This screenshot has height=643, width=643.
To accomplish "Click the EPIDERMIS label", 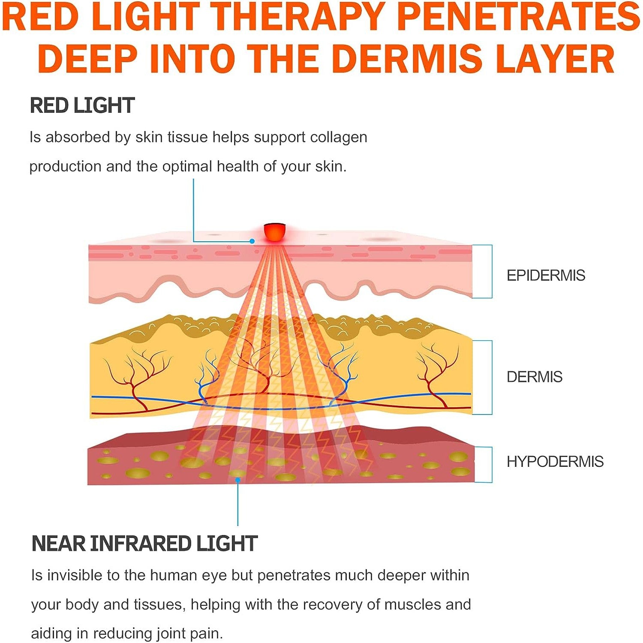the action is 546,275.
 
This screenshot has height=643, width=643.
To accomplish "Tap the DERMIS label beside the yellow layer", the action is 534,377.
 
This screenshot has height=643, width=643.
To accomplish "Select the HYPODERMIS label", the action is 555,462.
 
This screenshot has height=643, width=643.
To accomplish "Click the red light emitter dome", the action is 275,232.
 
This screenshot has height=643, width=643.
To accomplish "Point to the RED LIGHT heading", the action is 82,105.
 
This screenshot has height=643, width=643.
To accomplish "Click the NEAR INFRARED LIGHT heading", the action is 144,544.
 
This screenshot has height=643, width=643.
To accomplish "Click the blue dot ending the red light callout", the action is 252,241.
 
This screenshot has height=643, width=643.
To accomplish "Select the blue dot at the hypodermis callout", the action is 238,480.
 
